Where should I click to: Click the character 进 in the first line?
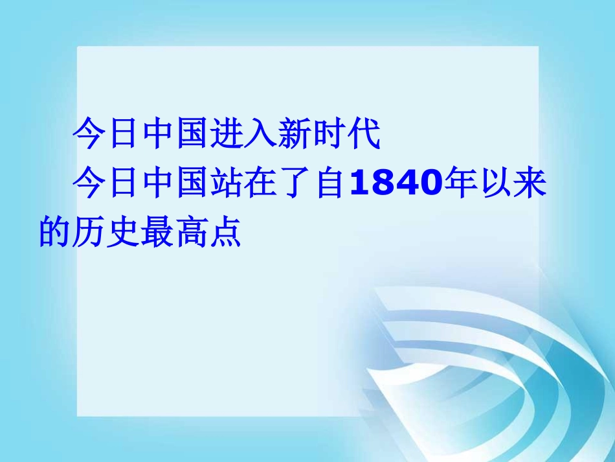(224, 135)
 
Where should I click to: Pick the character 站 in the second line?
(224, 184)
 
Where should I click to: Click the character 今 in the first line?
(89, 135)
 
